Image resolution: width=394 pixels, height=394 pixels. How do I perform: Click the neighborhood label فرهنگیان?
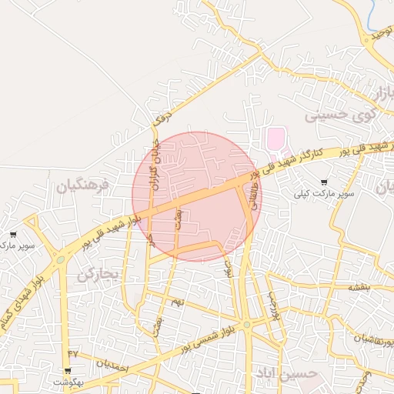click(83, 185)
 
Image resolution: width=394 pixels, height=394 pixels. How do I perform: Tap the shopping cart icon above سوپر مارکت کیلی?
click(334, 182)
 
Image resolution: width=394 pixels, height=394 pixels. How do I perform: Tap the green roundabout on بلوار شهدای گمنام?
click(60, 259)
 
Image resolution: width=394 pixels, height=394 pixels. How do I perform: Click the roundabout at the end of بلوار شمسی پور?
click(246, 326)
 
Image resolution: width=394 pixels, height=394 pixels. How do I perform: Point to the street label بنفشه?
click(359, 286)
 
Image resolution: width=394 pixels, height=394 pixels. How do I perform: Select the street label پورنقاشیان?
click(372, 339)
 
